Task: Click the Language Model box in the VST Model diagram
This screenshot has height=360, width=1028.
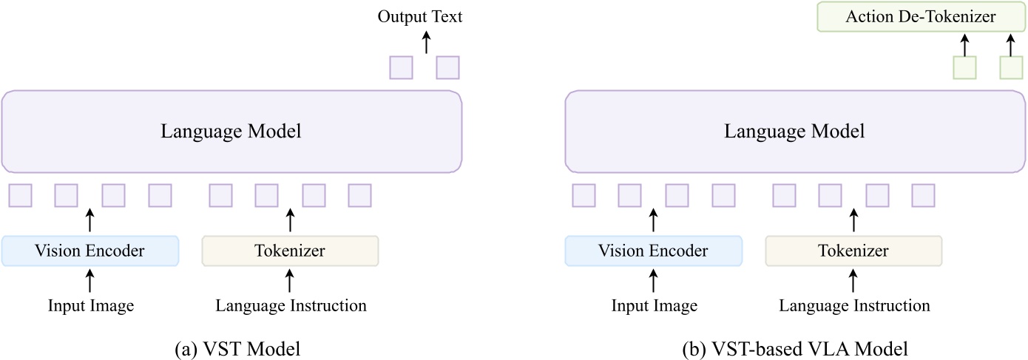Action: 231,132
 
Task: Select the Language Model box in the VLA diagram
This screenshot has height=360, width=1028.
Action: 794,132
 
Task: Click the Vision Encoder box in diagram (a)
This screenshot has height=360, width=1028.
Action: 90,251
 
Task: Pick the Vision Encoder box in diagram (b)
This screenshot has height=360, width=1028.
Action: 654,251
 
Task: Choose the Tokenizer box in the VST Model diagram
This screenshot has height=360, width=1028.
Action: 290,251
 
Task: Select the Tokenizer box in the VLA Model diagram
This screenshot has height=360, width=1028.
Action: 853,251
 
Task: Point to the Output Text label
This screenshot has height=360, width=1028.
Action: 420,16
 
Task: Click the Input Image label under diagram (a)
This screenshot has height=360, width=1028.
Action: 91,305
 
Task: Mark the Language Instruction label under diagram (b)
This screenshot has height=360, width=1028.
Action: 854,305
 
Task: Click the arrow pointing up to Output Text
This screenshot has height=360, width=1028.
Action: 425,42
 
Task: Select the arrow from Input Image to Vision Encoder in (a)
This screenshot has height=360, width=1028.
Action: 90,280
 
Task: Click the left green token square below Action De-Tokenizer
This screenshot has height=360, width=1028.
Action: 964,67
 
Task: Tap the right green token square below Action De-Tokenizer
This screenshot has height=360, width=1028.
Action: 1011,67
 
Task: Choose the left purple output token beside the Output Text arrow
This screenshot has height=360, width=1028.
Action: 401,67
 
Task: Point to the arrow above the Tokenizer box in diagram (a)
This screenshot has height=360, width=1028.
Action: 290,220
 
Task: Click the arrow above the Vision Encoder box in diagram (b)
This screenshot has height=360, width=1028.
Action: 654,220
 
